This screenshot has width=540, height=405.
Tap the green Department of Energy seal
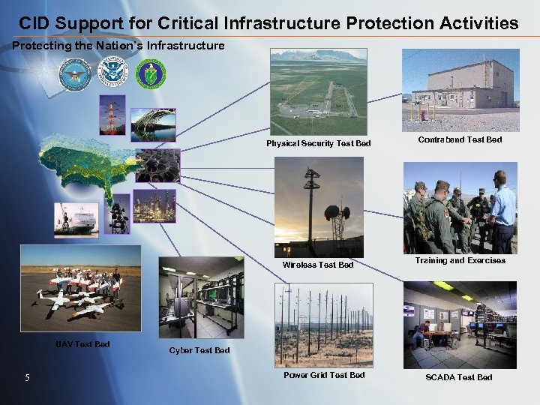(151, 74)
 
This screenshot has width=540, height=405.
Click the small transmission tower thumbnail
(112, 115)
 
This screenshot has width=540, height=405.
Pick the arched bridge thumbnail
(153, 124)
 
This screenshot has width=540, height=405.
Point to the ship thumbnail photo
(76, 220)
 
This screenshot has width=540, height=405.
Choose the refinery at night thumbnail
(154, 205)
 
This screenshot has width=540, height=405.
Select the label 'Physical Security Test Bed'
(318, 143)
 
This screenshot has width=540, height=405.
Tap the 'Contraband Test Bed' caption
(460, 139)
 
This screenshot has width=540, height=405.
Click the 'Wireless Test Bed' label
(318, 265)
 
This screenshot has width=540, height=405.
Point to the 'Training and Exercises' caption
(460, 261)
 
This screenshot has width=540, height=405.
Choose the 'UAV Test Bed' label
(82, 344)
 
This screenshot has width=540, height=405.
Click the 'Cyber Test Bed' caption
(199, 350)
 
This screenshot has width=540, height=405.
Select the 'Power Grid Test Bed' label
(324, 375)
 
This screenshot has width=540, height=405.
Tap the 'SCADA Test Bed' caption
(459, 377)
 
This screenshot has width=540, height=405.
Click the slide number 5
(26, 377)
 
